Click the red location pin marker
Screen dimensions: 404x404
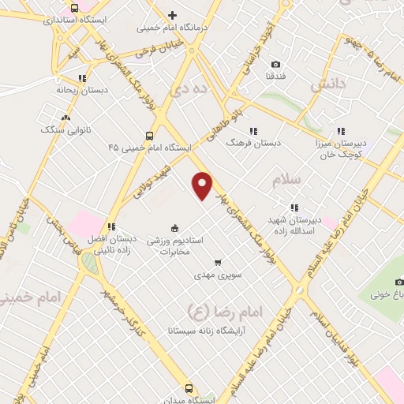pyautogui.click(x=202, y=186)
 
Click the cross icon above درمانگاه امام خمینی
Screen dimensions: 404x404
pyautogui.click(x=172, y=14)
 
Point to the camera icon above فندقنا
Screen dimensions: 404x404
pyautogui.click(x=275, y=64)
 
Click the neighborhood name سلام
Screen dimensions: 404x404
pyautogui.click(x=286, y=181)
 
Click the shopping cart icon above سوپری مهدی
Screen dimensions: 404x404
pyautogui.click(x=218, y=263)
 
